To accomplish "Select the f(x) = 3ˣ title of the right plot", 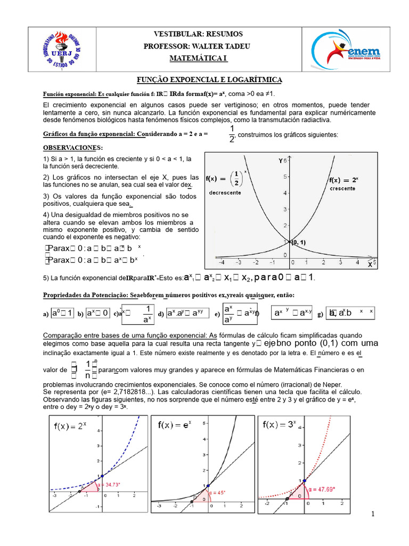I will tap(280, 425).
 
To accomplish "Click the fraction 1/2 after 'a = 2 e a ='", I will tap(232, 134).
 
